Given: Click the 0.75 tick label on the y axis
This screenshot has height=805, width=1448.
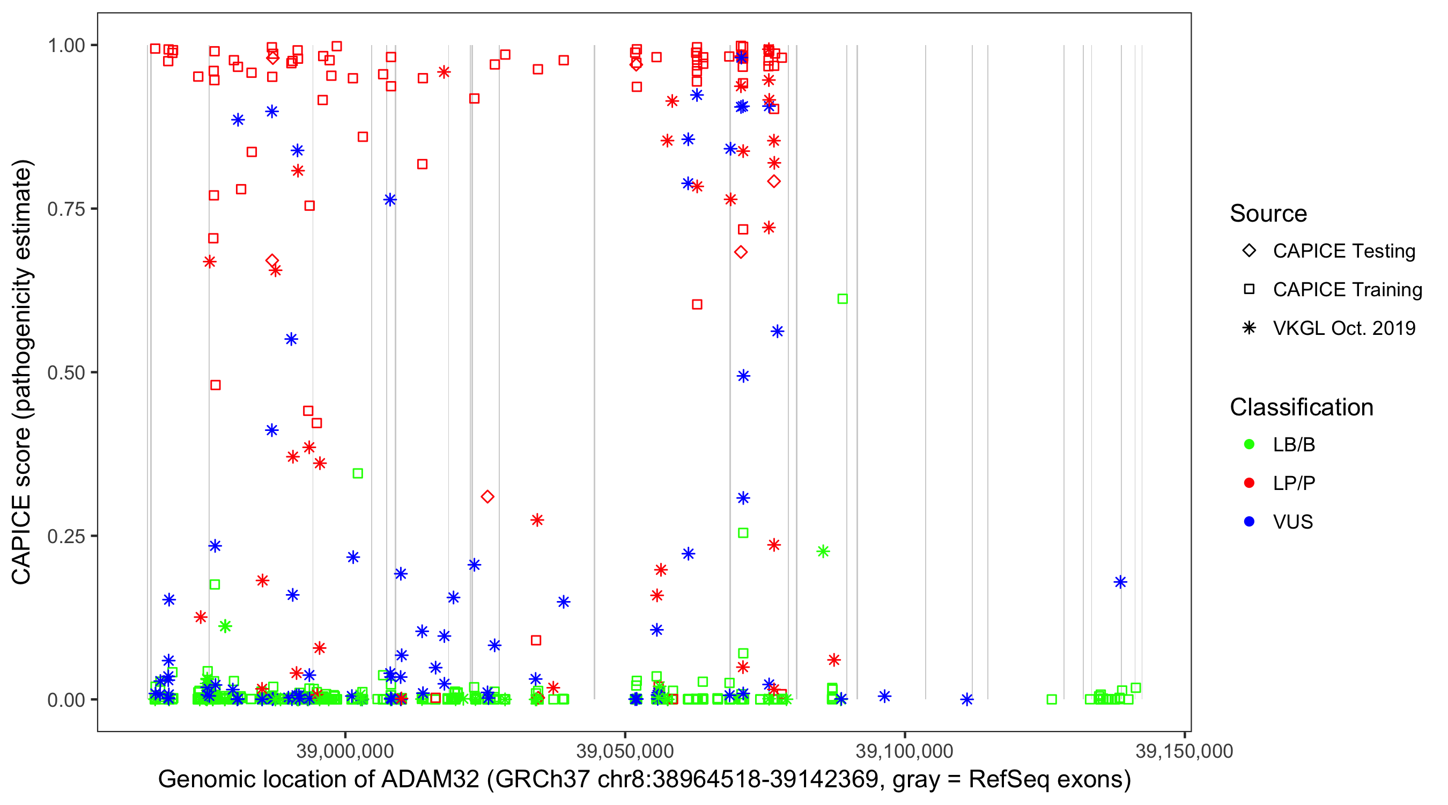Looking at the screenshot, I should tap(65, 209).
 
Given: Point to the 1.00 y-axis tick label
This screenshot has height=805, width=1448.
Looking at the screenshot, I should tap(65, 45).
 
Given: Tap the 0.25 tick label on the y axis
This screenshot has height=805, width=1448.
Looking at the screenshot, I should tap(65, 536).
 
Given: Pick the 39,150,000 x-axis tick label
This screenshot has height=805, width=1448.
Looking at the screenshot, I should tap(1184, 750).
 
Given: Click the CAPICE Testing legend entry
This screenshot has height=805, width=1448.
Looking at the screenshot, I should tap(1344, 251).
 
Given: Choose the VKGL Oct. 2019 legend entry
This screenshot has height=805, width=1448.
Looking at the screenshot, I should tap(1344, 328).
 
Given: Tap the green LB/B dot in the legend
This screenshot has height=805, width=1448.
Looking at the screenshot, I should tap(1250, 444).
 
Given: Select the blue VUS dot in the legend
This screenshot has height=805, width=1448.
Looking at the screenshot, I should tap(1250, 522).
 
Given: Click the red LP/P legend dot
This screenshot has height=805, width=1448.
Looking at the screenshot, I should tap(1250, 483).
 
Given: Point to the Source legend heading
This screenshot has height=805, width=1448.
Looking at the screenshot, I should tap(1268, 214).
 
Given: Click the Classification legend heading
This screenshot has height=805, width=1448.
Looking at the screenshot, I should tap(1301, 407).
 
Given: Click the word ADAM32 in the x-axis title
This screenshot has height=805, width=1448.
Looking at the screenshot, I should tap(430, 780).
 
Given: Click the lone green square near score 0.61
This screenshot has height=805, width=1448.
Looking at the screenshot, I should tap(842, 299).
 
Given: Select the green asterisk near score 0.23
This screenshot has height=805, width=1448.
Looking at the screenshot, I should tap(823, 551).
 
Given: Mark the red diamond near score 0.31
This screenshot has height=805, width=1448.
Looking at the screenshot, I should tap(487, 497).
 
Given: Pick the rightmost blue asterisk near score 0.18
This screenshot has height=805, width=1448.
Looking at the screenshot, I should tap(1120, 582).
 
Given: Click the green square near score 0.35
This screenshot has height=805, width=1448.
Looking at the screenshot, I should tap(358, 474).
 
